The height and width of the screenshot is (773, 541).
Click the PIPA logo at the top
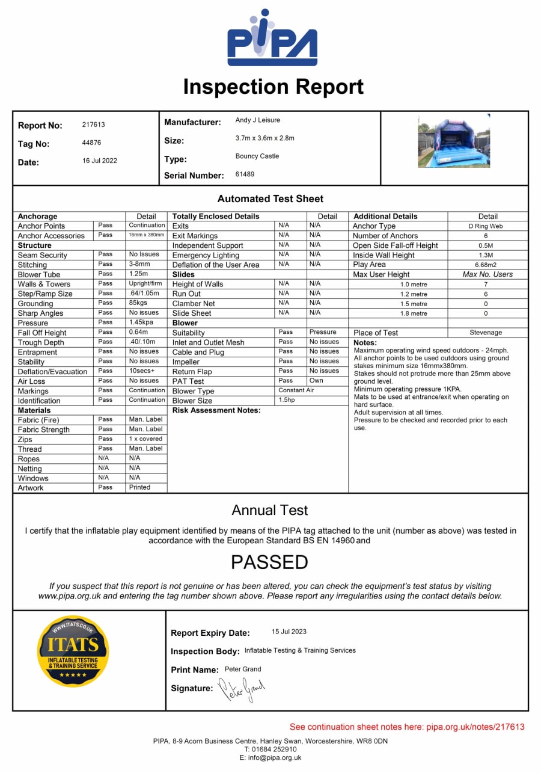pos(272,39)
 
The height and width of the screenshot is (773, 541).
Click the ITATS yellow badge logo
pos(73,651)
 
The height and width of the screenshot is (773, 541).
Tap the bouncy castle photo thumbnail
pos(454,141)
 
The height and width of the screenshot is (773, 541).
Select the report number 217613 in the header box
pos(93,125)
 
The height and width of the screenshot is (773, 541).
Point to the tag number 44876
pos(91,143)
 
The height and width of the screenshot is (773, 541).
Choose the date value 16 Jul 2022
pos(100,161)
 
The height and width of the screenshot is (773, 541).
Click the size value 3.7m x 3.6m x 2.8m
pos(264,138)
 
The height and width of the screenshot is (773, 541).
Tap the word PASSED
pos(270,562)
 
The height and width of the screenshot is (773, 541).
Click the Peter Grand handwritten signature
pos(241,689)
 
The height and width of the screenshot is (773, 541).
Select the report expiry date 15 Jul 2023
pos(289,632)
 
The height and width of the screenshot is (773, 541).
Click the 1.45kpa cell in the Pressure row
pos(141,322)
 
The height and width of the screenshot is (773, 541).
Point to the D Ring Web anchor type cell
pos(486,226)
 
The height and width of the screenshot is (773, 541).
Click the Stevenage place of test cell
pos(486,332)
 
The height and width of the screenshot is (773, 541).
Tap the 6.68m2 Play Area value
pos(486,265)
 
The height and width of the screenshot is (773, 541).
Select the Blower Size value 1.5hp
pos(287,400)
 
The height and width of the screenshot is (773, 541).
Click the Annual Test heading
pos(270,511)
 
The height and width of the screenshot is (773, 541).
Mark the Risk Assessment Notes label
pos(216,410)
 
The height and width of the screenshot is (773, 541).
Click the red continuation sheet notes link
pos(407,727)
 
